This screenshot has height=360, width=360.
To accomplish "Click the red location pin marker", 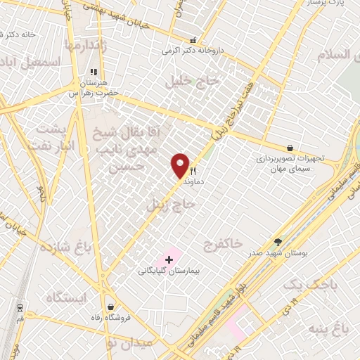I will pyautogui.click(x=181, y=165).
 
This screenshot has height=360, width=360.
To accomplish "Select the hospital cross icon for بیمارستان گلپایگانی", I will pyautogui.click(x=169, y=259).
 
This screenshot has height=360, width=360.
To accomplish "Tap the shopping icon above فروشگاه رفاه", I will pyautogui.click(x=111, y=307).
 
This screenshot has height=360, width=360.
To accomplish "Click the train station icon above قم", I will pyautogui.click(x=19, y=307).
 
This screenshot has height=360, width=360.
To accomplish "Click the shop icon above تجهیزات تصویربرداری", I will pyautogui.click(x=290, y=148).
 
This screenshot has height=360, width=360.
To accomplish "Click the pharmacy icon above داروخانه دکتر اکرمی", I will pyautogui.click(x=194, y=40).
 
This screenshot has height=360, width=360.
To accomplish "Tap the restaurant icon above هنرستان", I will pyautogui.click(x=94, y=72).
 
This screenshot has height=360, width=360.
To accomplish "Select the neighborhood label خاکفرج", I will pyautogui.click(x=222, y=243).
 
